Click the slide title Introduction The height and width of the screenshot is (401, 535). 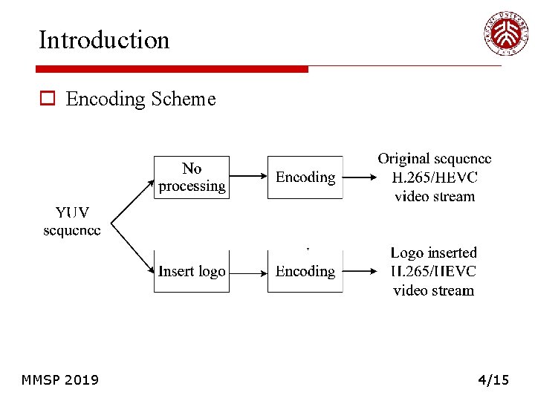[x=104, y=39]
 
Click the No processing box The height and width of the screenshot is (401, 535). [x=192, y=177]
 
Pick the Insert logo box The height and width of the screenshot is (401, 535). [x=192, y=272]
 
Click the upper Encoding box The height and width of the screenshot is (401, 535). [x=305, y=177]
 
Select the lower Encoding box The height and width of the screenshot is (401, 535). [x=305, y=272]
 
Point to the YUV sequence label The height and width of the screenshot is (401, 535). [x=71, y=221]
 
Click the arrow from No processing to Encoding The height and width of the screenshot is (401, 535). [x=248, y=177]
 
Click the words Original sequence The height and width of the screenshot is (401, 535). [x=434, y=159]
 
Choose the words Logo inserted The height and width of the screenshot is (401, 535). [x=434, y=253]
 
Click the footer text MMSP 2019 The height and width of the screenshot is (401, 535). [x=60, y=380]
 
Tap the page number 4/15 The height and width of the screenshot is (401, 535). [x=493, y=380]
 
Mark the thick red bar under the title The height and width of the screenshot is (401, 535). [x=172, y=69]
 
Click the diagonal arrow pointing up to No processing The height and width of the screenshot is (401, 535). [x=132, y=199]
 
